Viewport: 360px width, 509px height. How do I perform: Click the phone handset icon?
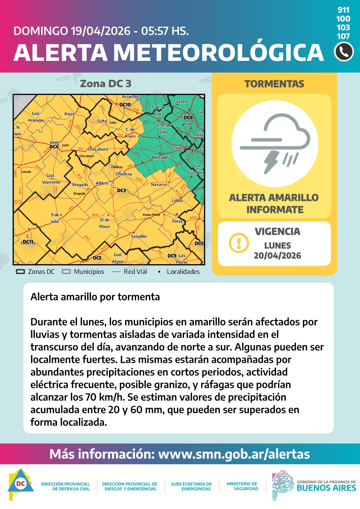point(344,52)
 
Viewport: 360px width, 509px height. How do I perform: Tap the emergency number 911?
point(343,10)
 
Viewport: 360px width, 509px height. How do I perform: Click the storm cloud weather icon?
point(275,143)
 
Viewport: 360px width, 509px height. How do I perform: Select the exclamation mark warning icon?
point(239,243)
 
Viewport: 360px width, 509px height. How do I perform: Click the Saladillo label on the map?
point(139,236)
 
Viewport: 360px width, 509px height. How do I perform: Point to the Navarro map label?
point(159,185)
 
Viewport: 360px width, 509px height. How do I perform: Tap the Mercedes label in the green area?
point(160,158)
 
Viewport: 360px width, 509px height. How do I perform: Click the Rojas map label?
point(70,114)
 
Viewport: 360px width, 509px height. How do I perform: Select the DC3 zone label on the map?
point(121,191)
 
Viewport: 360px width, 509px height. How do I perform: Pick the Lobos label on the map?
point(177,201)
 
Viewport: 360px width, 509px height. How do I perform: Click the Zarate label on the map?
point(182,101)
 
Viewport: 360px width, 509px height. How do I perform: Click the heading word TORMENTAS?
point(274,84)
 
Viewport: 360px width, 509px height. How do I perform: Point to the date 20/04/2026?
point(277,256)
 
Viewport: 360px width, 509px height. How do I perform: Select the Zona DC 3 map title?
point(106,84)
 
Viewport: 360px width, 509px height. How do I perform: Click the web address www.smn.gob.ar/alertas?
point(234,454)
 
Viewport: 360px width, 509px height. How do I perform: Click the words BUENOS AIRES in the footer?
point(326,488)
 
